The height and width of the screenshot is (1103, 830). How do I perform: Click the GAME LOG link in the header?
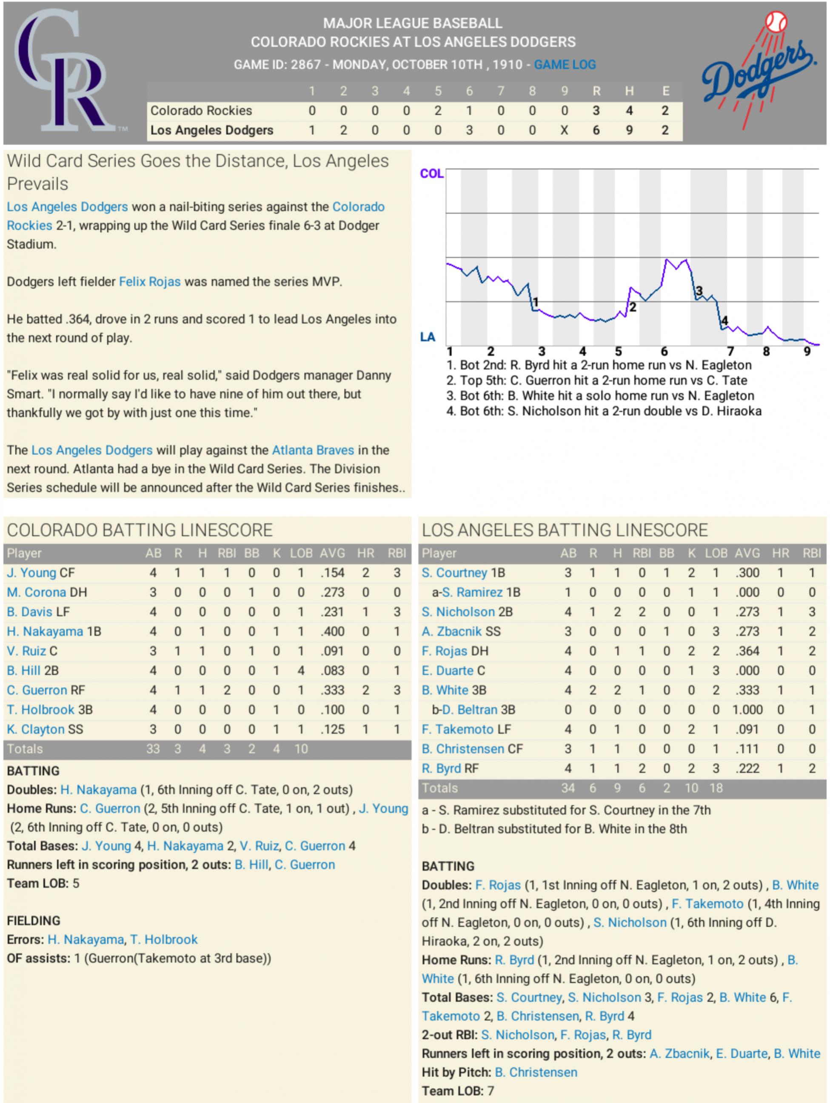click(x=565, y=65)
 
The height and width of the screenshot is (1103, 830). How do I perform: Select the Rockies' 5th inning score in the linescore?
click(x=437, y=111)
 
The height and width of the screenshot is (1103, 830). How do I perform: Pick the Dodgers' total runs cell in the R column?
click(x=596, y=131)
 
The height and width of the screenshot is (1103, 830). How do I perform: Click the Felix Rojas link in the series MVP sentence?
click(x=149, y=282)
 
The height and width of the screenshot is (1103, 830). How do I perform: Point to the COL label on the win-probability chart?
click(x=431, y=174)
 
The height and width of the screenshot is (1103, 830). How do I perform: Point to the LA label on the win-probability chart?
click(x=428, y=338)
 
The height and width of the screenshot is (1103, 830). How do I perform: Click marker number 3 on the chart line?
click(x=699, y=291)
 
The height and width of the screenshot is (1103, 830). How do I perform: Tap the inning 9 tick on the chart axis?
click(x=807, y=352)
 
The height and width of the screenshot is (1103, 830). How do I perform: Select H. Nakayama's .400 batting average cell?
click(x=332, y=632)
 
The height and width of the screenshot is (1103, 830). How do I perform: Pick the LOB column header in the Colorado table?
click(x=301, y=553)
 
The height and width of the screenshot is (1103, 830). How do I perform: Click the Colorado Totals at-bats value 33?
click(x=153, y=749)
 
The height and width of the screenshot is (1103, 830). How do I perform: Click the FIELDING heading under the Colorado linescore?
click(x=33, y=920)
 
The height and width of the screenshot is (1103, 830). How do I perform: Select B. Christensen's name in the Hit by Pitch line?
click(x=536, y=1072)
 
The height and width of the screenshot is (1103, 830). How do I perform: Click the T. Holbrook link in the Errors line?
click(x=164, y=940)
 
